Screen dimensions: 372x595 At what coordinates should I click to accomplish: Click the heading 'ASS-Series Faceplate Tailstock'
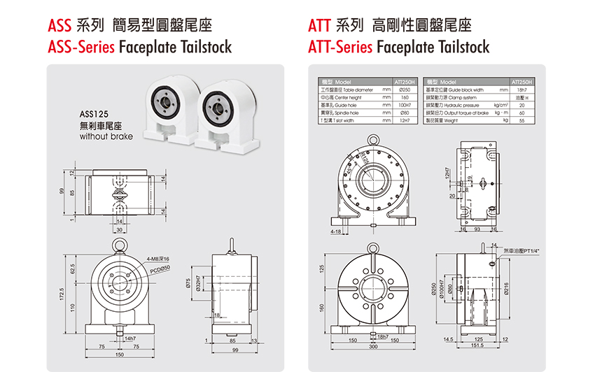139,48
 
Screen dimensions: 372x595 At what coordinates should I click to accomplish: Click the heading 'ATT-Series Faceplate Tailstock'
398,48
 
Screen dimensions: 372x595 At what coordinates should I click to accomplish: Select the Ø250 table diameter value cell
405,90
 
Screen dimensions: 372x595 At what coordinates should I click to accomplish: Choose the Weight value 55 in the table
521,120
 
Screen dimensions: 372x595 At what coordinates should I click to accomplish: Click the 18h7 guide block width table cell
521,90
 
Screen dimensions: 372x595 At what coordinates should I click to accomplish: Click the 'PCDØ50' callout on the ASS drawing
160,268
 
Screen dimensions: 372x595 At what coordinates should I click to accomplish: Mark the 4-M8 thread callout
159,258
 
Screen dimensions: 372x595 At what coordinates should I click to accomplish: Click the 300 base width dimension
373,346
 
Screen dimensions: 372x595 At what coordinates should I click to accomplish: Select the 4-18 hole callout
337,230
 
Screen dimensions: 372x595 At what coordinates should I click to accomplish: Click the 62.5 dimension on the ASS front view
73,268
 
